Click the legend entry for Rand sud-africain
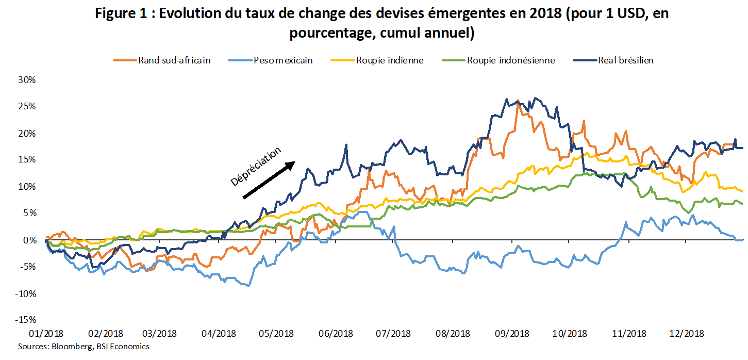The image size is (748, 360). (162, 60)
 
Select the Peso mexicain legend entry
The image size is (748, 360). (271, 60)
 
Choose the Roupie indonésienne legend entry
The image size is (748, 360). (498, 60)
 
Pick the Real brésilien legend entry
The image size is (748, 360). (613, 60)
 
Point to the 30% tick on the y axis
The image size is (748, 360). (27, 80)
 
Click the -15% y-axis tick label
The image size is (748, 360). (26, 320)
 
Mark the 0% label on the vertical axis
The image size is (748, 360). (29, 240)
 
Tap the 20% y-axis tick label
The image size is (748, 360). (27, 134)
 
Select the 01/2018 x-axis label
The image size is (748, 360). (46, 334)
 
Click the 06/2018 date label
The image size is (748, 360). (336, 334)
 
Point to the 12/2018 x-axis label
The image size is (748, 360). (687, 334)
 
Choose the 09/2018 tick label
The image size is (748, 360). (512, 334)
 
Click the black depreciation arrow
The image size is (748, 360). (269, 180)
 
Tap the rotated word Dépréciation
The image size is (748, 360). (256, 166)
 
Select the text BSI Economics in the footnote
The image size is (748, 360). (123, 346)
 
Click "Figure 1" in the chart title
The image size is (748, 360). (121, 14)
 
